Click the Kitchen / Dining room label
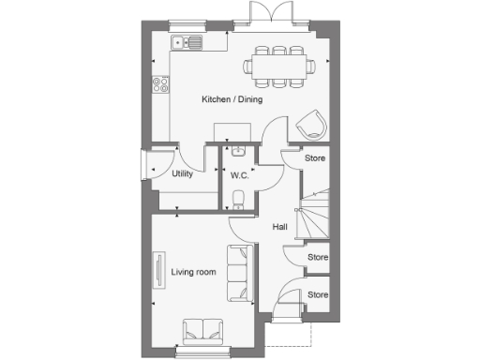click(x=232, y=99)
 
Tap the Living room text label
click(x=193, y=272)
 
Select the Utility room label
click(x=182, y=174)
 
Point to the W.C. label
click(x=238, y=175)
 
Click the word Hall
click(x=280, y=227)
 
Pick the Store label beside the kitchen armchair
click(x=316, y=158)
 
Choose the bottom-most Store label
click(x=319, y=294)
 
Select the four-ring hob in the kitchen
click(x=159, y=82)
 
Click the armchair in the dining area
click(x=310, y=124)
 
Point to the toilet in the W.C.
click(x=238, y=196)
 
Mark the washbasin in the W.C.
click(x=238, y=150)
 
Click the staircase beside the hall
click(x=311, y=214)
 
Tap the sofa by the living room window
click(x=202, y=329)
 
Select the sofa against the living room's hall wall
click(x=239, y=272)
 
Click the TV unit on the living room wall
click(x=158, y=272)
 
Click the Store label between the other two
click(x=319, y=256)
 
